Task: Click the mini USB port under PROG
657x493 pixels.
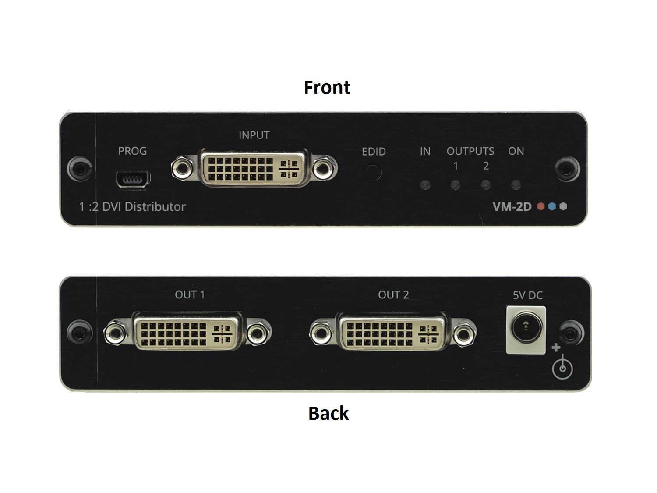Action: [133, 180]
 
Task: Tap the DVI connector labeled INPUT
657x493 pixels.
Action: [254, 168]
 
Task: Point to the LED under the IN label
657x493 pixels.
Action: [425, 185]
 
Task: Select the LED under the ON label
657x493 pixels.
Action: [516, 185]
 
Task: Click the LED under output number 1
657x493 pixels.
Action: [455, 185]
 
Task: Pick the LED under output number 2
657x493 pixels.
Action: [485, 185]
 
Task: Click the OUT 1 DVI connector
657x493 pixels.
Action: [187, 332]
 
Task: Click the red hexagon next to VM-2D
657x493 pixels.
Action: [540, 206]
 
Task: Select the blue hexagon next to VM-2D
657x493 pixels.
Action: [552, 206]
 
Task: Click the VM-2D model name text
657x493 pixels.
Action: [512, 206]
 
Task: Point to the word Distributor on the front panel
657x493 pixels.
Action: [155, 207]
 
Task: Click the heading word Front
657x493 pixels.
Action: [327, 87]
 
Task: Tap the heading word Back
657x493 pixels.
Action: [328, 413]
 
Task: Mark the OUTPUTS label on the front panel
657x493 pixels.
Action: [470, 151]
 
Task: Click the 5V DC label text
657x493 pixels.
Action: [528, 295]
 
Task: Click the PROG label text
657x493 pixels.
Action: [132, 151]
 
